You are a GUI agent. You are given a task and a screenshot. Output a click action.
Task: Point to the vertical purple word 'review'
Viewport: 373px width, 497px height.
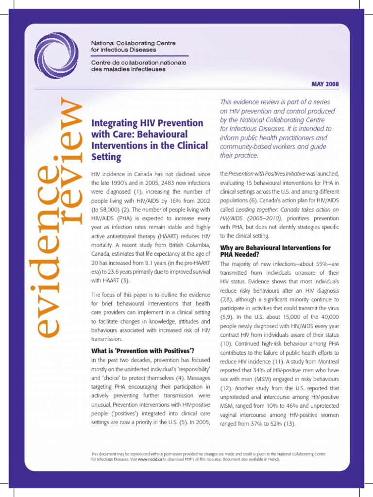click(x=68, y=160)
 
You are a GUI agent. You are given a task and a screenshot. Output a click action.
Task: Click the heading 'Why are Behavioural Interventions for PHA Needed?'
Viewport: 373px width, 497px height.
click(x=275, y=250)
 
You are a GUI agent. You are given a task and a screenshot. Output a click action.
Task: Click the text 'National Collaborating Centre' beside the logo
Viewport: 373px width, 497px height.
click(x=134, y=43)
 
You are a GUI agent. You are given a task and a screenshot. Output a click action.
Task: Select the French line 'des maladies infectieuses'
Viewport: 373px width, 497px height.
click(x=128, y=69)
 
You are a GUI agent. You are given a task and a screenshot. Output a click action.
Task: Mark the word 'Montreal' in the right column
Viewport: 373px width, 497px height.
click(x=326, y=362)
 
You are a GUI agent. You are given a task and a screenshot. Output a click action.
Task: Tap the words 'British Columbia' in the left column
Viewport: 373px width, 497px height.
click(x=188, y=245)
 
